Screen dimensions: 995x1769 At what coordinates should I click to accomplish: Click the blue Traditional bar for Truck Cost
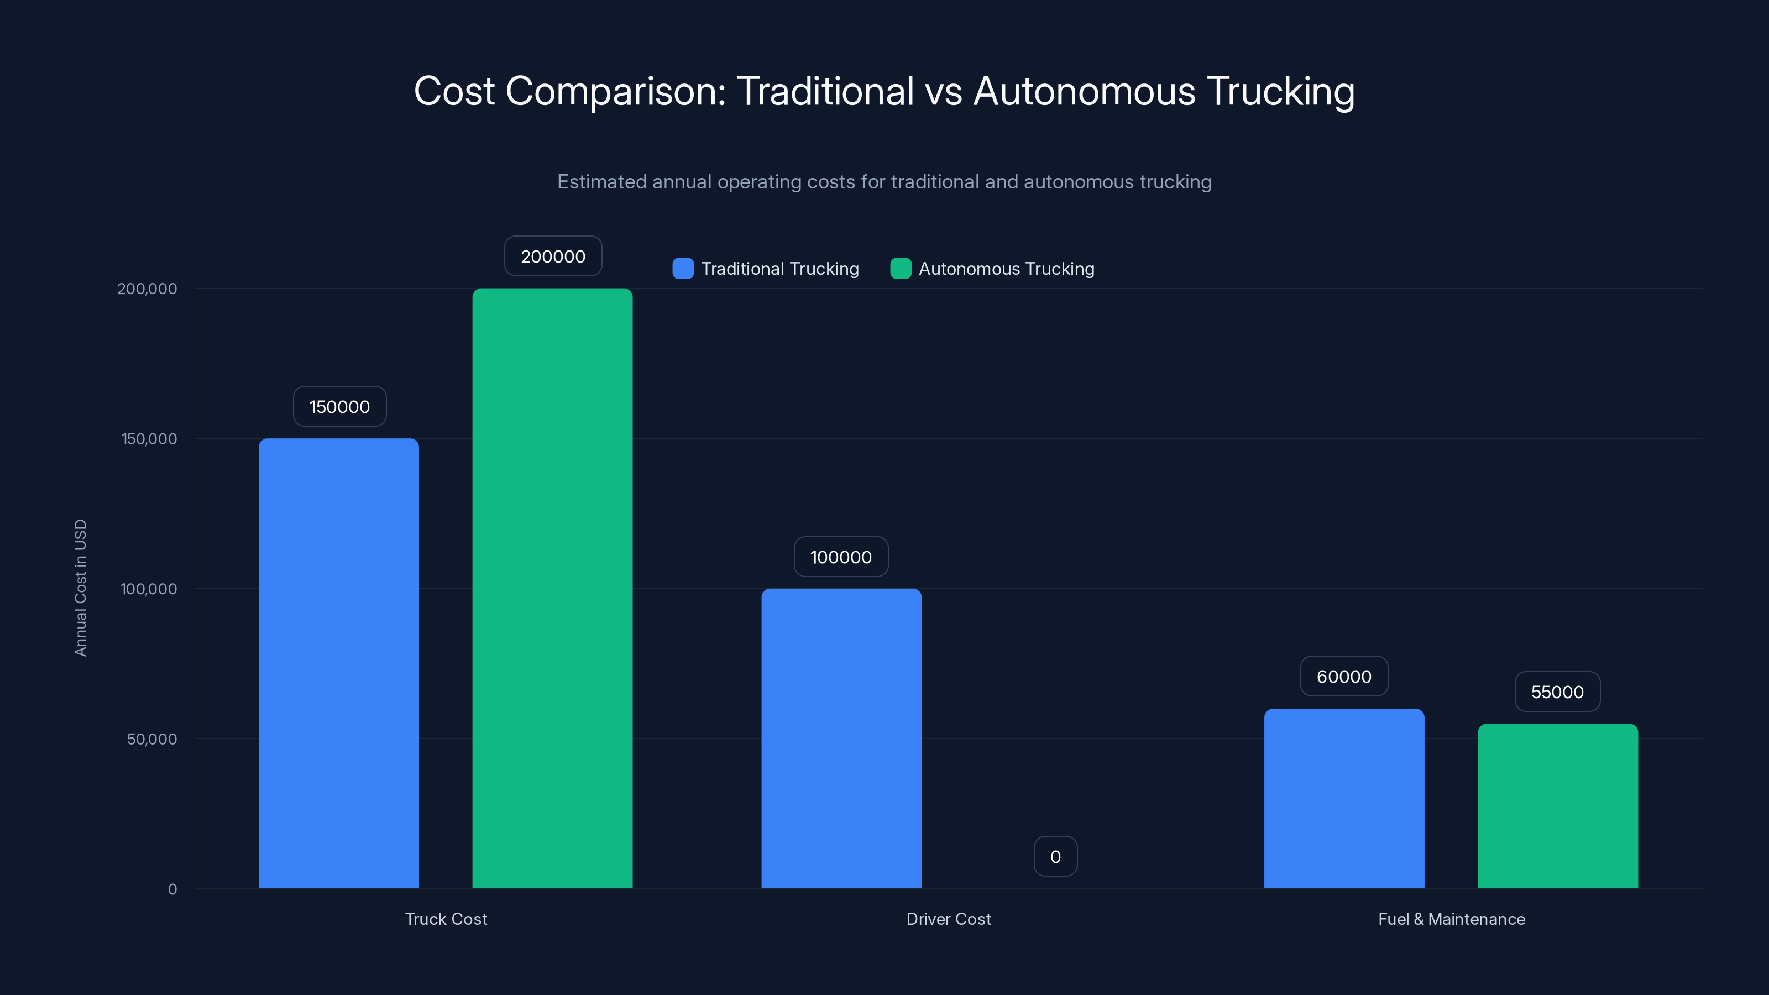(x=338, y=663)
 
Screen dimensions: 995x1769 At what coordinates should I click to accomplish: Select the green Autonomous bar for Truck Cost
(x=552, y=588)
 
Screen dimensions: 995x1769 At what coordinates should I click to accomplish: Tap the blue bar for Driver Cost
(x=841, y=738)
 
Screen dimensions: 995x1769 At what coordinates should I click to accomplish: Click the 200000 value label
(x=553, y=256)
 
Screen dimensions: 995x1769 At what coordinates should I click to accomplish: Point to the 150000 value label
(x=339, y=406)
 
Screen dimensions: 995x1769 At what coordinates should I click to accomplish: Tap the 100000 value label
(x=840, y=557)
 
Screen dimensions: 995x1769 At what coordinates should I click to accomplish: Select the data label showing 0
(x=1055, y=856)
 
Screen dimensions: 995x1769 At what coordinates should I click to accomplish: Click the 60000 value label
(x=1344, y=677)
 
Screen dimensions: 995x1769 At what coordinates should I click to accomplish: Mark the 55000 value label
(x=1557, y=692)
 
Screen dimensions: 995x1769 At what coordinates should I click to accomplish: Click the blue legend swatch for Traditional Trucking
(x=683, y=269)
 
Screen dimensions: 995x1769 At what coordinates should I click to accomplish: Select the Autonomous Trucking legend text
(x=1006, y=269)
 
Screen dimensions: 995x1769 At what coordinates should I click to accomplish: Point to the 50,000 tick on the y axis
(x=152, y=739)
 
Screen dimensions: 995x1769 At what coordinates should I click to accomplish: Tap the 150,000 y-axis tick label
(x=149, y=439)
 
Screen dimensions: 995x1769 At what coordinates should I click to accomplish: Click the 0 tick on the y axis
(x=172, y=889)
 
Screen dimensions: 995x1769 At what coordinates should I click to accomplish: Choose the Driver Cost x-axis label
(x=949, y=919)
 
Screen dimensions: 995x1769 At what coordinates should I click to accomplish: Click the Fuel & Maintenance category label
(x=1451, y=919)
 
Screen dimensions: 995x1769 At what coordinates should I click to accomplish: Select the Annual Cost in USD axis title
(x=80, y=588)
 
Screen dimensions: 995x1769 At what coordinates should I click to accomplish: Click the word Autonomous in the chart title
(x=1084, y=91)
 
